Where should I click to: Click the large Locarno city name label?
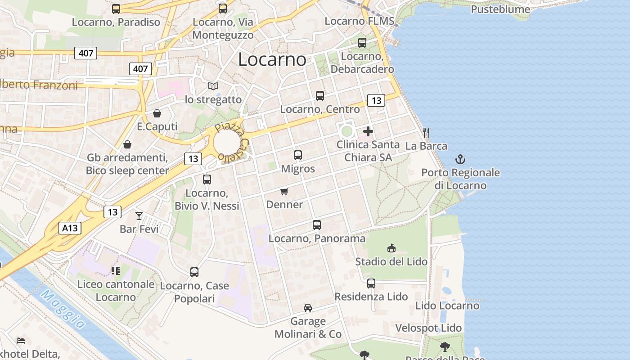click(x=272, y=59)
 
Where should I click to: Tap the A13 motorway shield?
click(x=70, y=228)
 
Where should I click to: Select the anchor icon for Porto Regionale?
click(x=460, y=159)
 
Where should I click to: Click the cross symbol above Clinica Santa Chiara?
click(x=368, y=131)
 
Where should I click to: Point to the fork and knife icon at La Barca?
click(x=426, y=132)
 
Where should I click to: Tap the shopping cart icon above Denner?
click(x=284, y=192)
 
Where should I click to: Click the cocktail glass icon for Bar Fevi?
click(x=139, y=216)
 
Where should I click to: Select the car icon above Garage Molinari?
click(x=308, y=308)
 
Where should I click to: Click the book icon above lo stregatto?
click(x=213, y=86)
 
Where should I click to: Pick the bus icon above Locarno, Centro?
click(x=320, y=96)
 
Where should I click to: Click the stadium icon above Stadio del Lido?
click(x=391, y=248)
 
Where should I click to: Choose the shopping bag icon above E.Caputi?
click(x=157, y=113)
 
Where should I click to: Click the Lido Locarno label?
click(x=447, y=306)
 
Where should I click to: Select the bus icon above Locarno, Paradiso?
click(x=116, y=9)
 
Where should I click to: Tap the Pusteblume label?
click(x=500, y=9)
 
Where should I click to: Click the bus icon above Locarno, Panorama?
click(x=317, y=225)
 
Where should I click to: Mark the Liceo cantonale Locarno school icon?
click(x=116, y=270)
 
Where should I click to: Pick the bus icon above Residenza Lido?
click(x=371, y=283)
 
